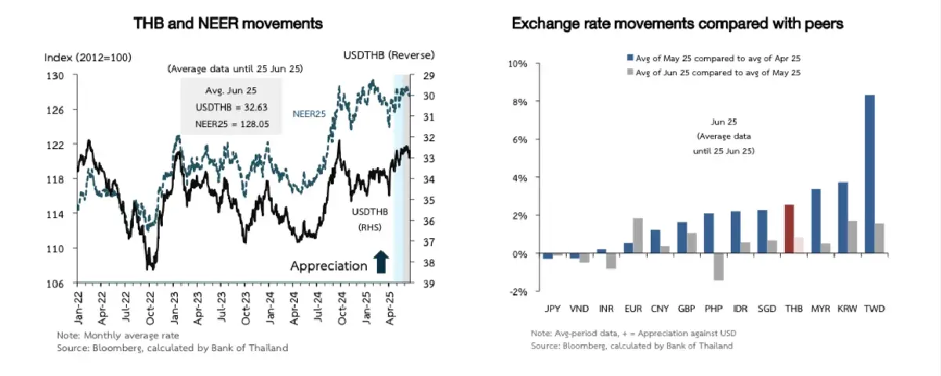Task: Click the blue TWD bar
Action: pos(870,174)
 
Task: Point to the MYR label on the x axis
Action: pos(820,308)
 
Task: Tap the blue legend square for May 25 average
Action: pos(630,58)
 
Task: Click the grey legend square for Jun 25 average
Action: pos(630,72)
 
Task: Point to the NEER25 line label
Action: pos(308,114)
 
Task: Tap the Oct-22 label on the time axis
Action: pos(151,305)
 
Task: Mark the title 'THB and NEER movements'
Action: pos(228,23)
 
